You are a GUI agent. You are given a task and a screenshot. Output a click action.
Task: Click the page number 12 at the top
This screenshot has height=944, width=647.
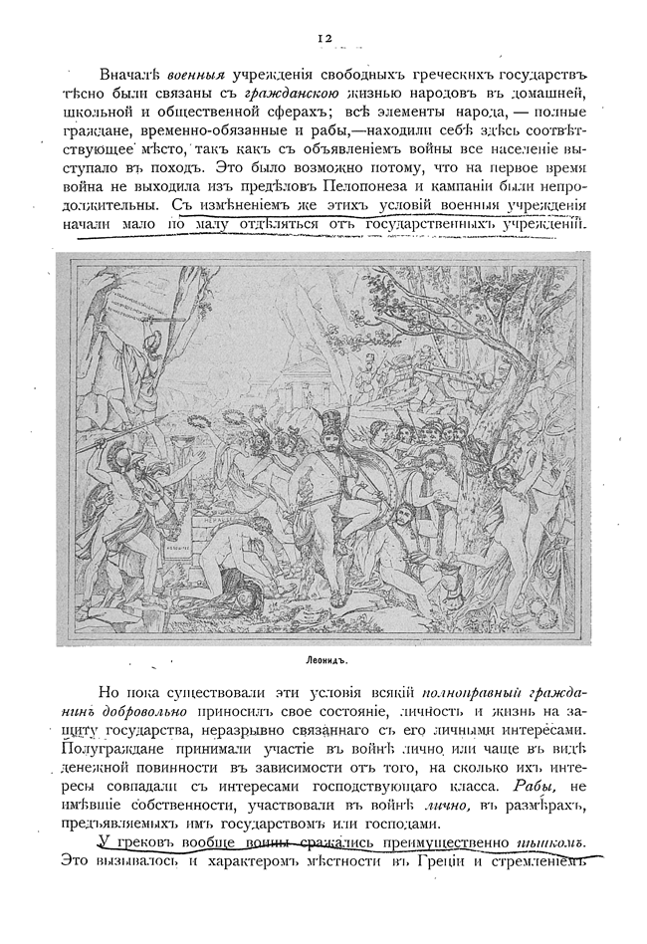(323, 38)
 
